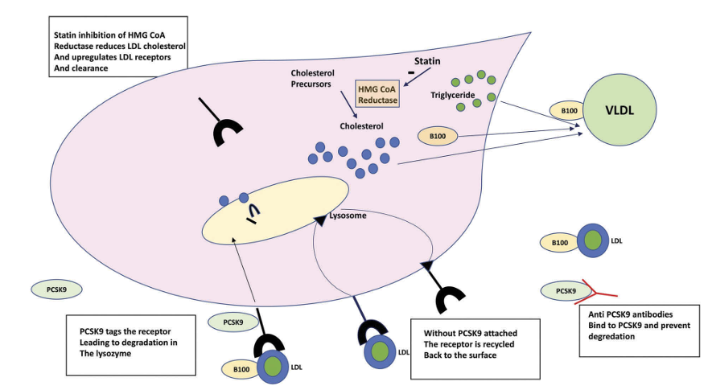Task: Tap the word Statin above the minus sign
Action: pyautogui.click(x=428, y=60)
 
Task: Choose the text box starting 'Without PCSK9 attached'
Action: pyautogui.click(x=474, y=343)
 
